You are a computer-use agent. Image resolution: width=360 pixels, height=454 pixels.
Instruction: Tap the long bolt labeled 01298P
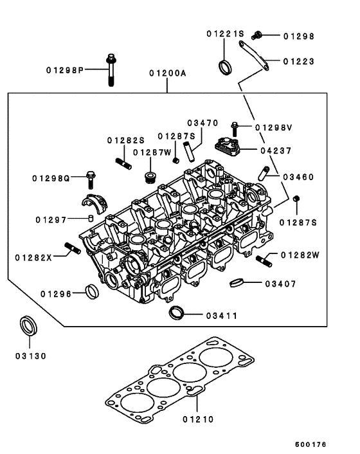112,70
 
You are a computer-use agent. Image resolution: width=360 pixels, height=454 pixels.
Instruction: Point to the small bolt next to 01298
257,35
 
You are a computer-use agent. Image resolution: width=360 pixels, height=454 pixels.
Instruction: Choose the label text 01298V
273,128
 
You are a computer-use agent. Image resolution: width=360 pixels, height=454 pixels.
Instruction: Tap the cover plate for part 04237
228,147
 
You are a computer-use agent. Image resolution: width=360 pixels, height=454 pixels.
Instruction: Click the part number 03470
203,122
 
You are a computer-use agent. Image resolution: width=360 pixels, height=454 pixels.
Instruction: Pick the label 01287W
152,152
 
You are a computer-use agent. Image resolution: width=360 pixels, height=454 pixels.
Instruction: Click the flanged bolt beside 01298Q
90,176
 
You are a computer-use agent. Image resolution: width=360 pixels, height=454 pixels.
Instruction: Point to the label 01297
51,219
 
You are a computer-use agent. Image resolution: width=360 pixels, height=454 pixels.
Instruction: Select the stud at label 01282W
262,259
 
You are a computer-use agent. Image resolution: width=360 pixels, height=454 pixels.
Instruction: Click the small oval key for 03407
237,283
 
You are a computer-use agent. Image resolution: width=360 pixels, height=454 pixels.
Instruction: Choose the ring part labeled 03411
176,314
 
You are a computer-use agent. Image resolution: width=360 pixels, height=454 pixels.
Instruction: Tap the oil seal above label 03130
27,325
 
